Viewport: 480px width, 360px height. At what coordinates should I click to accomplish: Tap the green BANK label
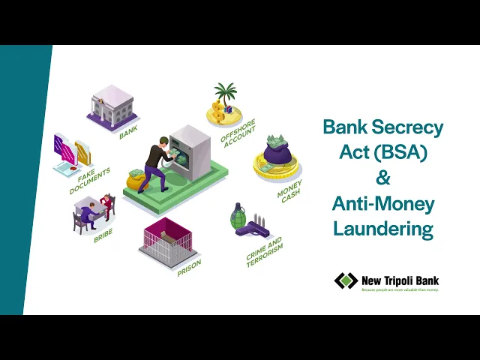(128, 133)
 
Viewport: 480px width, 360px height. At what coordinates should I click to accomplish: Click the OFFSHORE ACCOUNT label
(239, 132)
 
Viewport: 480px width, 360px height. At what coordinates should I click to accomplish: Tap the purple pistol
(253, 228)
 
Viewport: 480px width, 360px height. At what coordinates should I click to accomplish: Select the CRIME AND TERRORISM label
(265, 252)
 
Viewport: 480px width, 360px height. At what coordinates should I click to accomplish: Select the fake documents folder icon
(71, 154)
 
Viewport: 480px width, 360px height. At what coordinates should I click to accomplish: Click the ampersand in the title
(383, 178)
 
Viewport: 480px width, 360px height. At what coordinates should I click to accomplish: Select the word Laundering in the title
(383, 228)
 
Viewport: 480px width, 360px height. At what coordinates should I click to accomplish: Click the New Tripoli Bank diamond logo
(346, 281)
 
